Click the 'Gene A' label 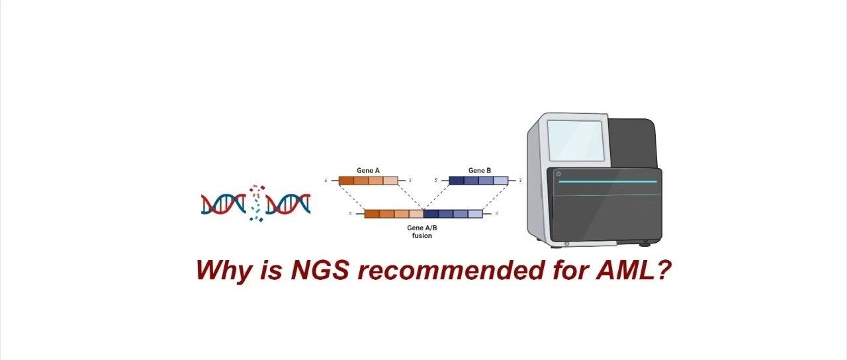click(368, 171)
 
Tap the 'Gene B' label click(480, 171)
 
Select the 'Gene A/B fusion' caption click(422, 232)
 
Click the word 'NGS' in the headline click(320, 270)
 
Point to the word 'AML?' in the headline click(633, 270)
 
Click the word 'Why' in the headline click(224, 271)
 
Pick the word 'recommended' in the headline click(450, 270)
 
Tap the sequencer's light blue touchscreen click(575, 141)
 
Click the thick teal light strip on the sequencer click(607, 181)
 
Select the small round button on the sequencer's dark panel click(558, 174)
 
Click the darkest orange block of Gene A click(346, 181)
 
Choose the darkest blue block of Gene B click(457, 181)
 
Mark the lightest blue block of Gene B click(501, 181)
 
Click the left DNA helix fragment click(224, 204)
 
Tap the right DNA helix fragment click(288, 204)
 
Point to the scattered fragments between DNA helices click(256, 202)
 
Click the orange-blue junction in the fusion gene click(423, 214)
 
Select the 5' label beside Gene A click(326, 181)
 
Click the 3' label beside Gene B click(520, 181)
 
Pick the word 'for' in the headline click(570, 270)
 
